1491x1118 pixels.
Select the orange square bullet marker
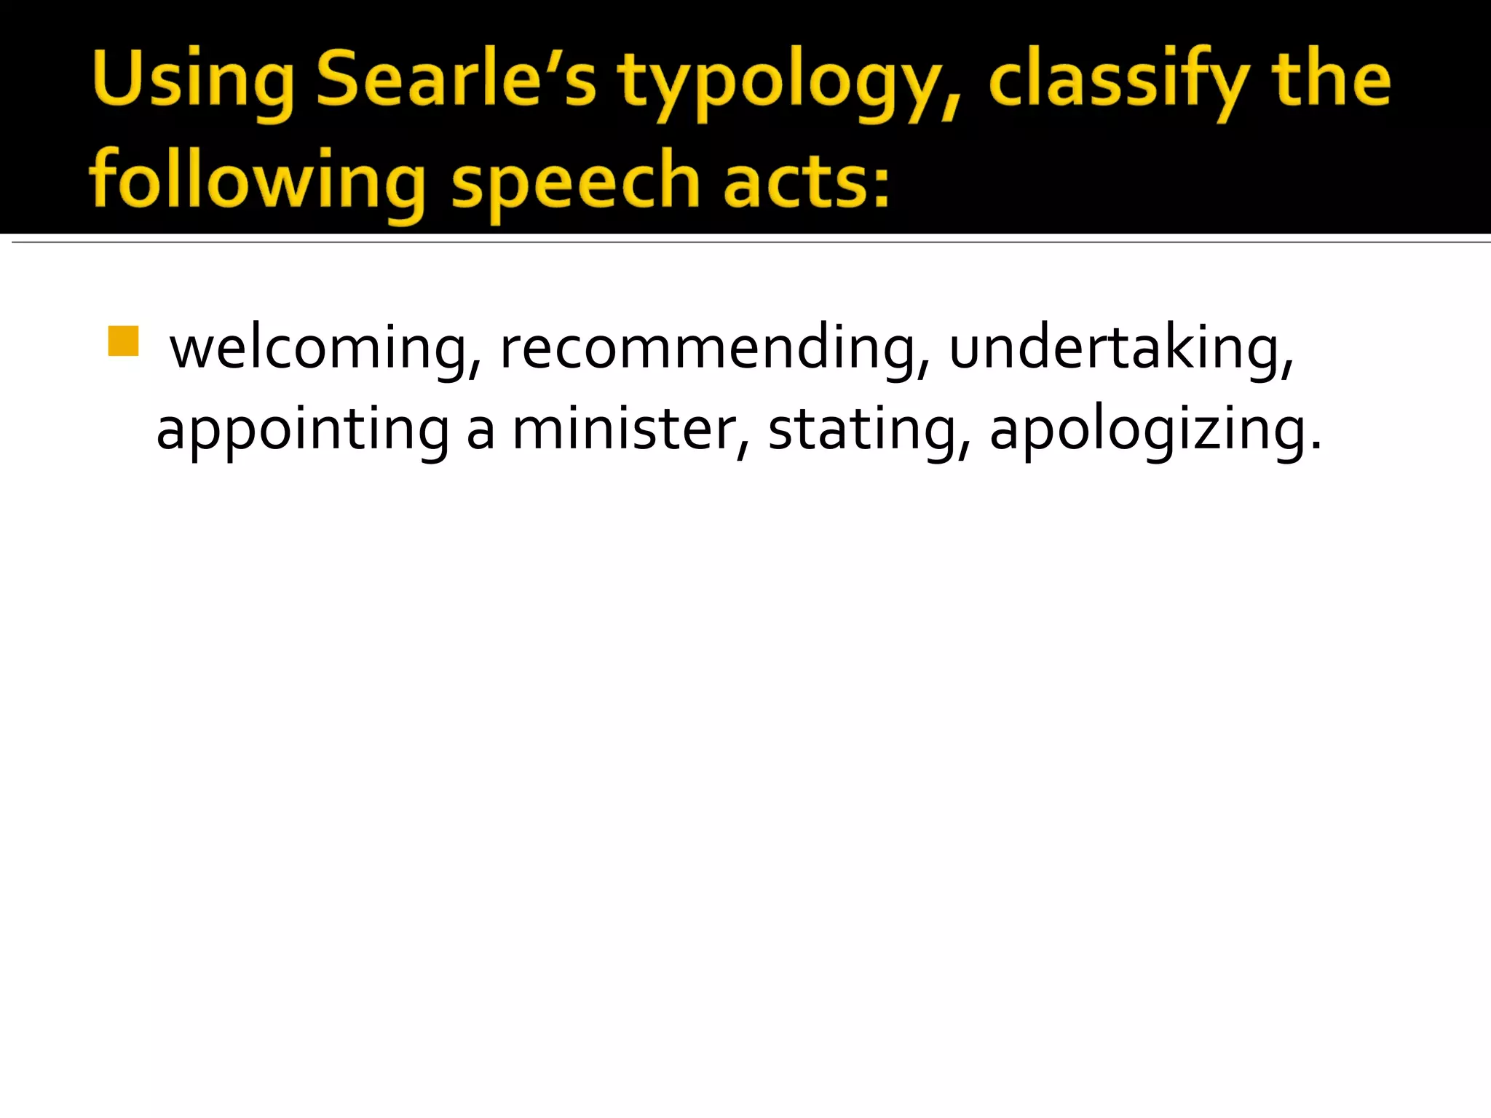123,341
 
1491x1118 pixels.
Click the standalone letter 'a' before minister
480,432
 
